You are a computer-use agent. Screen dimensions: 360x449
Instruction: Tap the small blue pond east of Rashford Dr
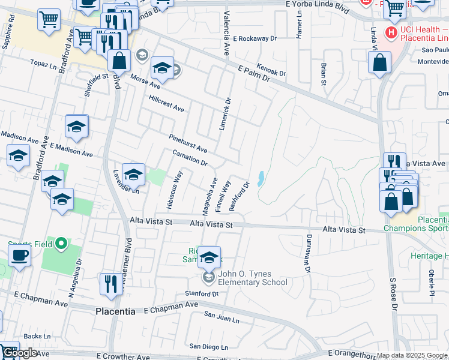pos(261,178)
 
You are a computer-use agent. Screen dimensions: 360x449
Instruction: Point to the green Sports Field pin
pos(61,244)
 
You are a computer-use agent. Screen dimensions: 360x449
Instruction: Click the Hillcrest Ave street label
pos(166,103)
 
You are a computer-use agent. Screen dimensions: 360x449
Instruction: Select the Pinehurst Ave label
pos(188,143)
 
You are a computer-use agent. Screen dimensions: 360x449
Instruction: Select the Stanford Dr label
pos(202,294)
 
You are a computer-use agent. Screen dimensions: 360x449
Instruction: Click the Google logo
pos(20,353)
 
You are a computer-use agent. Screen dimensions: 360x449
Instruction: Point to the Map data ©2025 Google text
pos(412,356)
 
